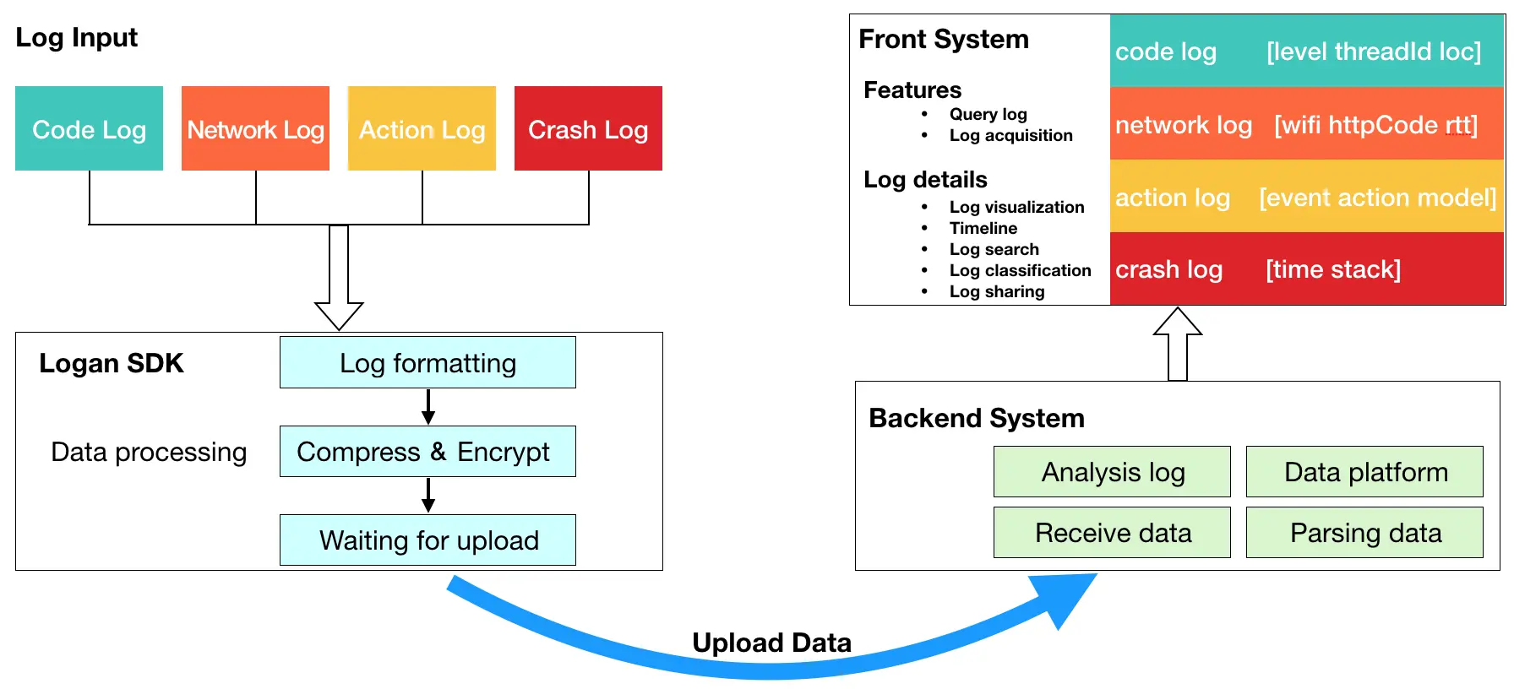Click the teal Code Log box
point(89,128)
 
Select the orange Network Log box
point(255,128)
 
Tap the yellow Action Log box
point(422,128)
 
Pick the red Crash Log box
point(588,128)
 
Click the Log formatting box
point(428,362)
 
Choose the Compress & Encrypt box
point(428,451)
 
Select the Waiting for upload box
point(428,540)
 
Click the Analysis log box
point(1112,471)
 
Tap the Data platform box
point(1364,471)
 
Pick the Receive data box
point(1112,532)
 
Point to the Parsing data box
point(1364,532)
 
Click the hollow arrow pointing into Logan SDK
point(339,278)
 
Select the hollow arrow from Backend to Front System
point(1178,344)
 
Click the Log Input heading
point(76,37)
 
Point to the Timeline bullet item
point(983,228)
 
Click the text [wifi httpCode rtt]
point(1376,125)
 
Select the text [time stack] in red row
point(1333,269)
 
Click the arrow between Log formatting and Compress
point(428,407)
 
